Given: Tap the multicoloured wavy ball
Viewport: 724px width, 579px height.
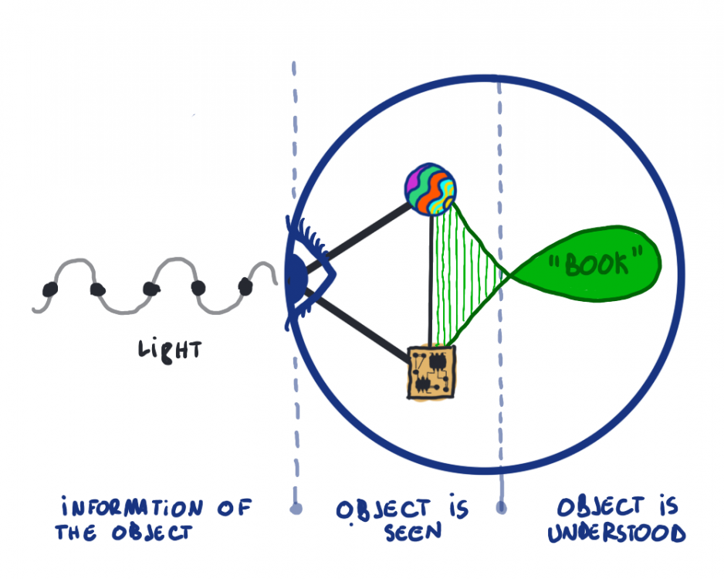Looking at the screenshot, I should point(431,189).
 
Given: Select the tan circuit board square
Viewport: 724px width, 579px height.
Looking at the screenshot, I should point(431,371).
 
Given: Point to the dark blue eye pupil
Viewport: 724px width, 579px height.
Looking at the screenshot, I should point(294,274).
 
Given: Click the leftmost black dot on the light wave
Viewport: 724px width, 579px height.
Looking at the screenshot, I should point(50,289).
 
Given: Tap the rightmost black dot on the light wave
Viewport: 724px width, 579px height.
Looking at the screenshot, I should point(245,286).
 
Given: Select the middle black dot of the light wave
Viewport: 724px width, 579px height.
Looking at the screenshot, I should point(151,288).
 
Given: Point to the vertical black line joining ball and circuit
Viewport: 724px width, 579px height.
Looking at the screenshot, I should point(430,278).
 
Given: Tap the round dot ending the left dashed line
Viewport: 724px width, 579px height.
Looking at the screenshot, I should point(294,509).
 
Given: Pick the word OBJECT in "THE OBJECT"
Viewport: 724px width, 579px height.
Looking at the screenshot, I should point(151,533).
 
